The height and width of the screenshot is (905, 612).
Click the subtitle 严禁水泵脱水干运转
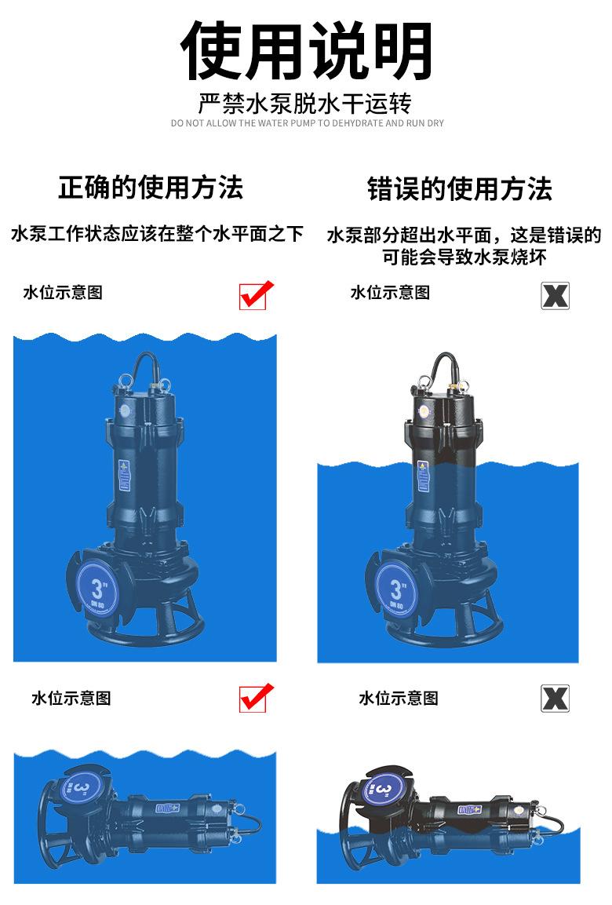click(x=306, y=104)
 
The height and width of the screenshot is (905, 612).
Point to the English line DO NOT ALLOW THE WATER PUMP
click(x=306, y=123)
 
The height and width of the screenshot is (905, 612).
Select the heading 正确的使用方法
click(x=151, y=188)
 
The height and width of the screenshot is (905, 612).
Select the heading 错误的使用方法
click(x=460, y=189)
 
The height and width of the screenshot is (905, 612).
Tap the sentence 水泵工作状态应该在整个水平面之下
click(x=157, y=234)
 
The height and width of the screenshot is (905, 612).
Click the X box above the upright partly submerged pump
click(x=555, y=295)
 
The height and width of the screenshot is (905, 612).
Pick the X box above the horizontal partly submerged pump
click(x=555, y=698)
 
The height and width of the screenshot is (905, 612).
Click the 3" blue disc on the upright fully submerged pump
click(x=98, y=589)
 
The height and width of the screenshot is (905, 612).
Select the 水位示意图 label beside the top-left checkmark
click(x=63, y=293)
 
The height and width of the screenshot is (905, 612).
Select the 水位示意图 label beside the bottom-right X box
click(x=399, y=698)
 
